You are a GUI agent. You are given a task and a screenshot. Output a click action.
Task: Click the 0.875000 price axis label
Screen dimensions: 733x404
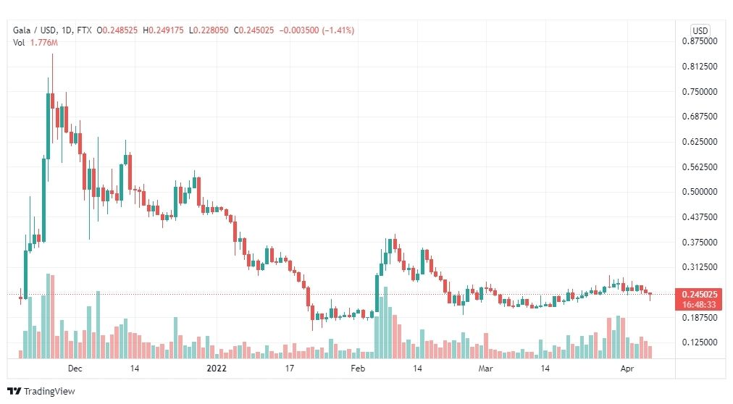point(700,41)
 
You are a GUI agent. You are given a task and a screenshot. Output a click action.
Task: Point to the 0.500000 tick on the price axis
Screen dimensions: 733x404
point(700,192)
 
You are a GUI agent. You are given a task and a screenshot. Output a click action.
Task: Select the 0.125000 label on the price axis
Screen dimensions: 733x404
point(700,342)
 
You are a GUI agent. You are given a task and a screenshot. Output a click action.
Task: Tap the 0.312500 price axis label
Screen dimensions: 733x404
point(700,267)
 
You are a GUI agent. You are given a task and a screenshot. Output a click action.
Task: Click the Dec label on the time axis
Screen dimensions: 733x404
point(75,369)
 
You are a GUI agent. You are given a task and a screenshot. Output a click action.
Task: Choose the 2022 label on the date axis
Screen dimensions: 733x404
point(217,369)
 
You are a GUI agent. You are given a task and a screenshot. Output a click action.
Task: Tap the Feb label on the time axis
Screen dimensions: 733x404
point(358,369)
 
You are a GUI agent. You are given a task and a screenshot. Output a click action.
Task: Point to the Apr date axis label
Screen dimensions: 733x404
point(627,369)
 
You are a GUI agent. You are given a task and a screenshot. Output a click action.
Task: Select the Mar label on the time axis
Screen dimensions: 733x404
point(486,369)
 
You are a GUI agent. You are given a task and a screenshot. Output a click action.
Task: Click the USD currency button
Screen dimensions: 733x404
point(700,31)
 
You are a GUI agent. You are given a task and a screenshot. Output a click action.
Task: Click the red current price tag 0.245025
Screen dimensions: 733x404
point(700,295)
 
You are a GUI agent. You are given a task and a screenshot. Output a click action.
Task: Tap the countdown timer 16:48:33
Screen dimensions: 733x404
point(699,305)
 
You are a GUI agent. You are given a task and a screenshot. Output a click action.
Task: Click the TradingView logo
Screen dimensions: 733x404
point(41,392)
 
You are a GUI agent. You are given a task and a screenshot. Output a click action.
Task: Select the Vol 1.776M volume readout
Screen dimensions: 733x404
point(35,43)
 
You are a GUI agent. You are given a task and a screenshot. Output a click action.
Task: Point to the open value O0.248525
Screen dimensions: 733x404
point(117,30)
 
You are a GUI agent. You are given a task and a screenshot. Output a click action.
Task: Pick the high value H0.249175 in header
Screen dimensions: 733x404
point(163,30)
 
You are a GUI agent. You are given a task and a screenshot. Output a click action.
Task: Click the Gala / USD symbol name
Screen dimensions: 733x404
point(35,30)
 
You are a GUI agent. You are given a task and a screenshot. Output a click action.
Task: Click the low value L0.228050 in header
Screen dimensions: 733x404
point(209,30)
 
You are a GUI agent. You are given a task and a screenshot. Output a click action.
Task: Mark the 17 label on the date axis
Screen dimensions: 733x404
point(290,369)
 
